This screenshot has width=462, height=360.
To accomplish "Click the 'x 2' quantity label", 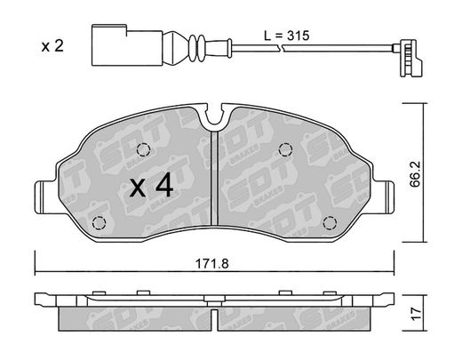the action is click(52, 46).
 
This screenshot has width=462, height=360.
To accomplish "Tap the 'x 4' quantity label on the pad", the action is click(151, 186).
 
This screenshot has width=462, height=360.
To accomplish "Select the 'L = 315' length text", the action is click(286, 36).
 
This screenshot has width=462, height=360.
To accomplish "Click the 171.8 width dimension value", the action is click(212, 263).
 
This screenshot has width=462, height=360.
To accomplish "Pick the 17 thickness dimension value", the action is click(416, 313).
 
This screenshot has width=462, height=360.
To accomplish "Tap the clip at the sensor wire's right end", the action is click(408, 58).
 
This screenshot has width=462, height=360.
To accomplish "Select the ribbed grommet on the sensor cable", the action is click(196, 47).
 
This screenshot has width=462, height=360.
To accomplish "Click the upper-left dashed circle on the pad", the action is click(144, 149).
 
